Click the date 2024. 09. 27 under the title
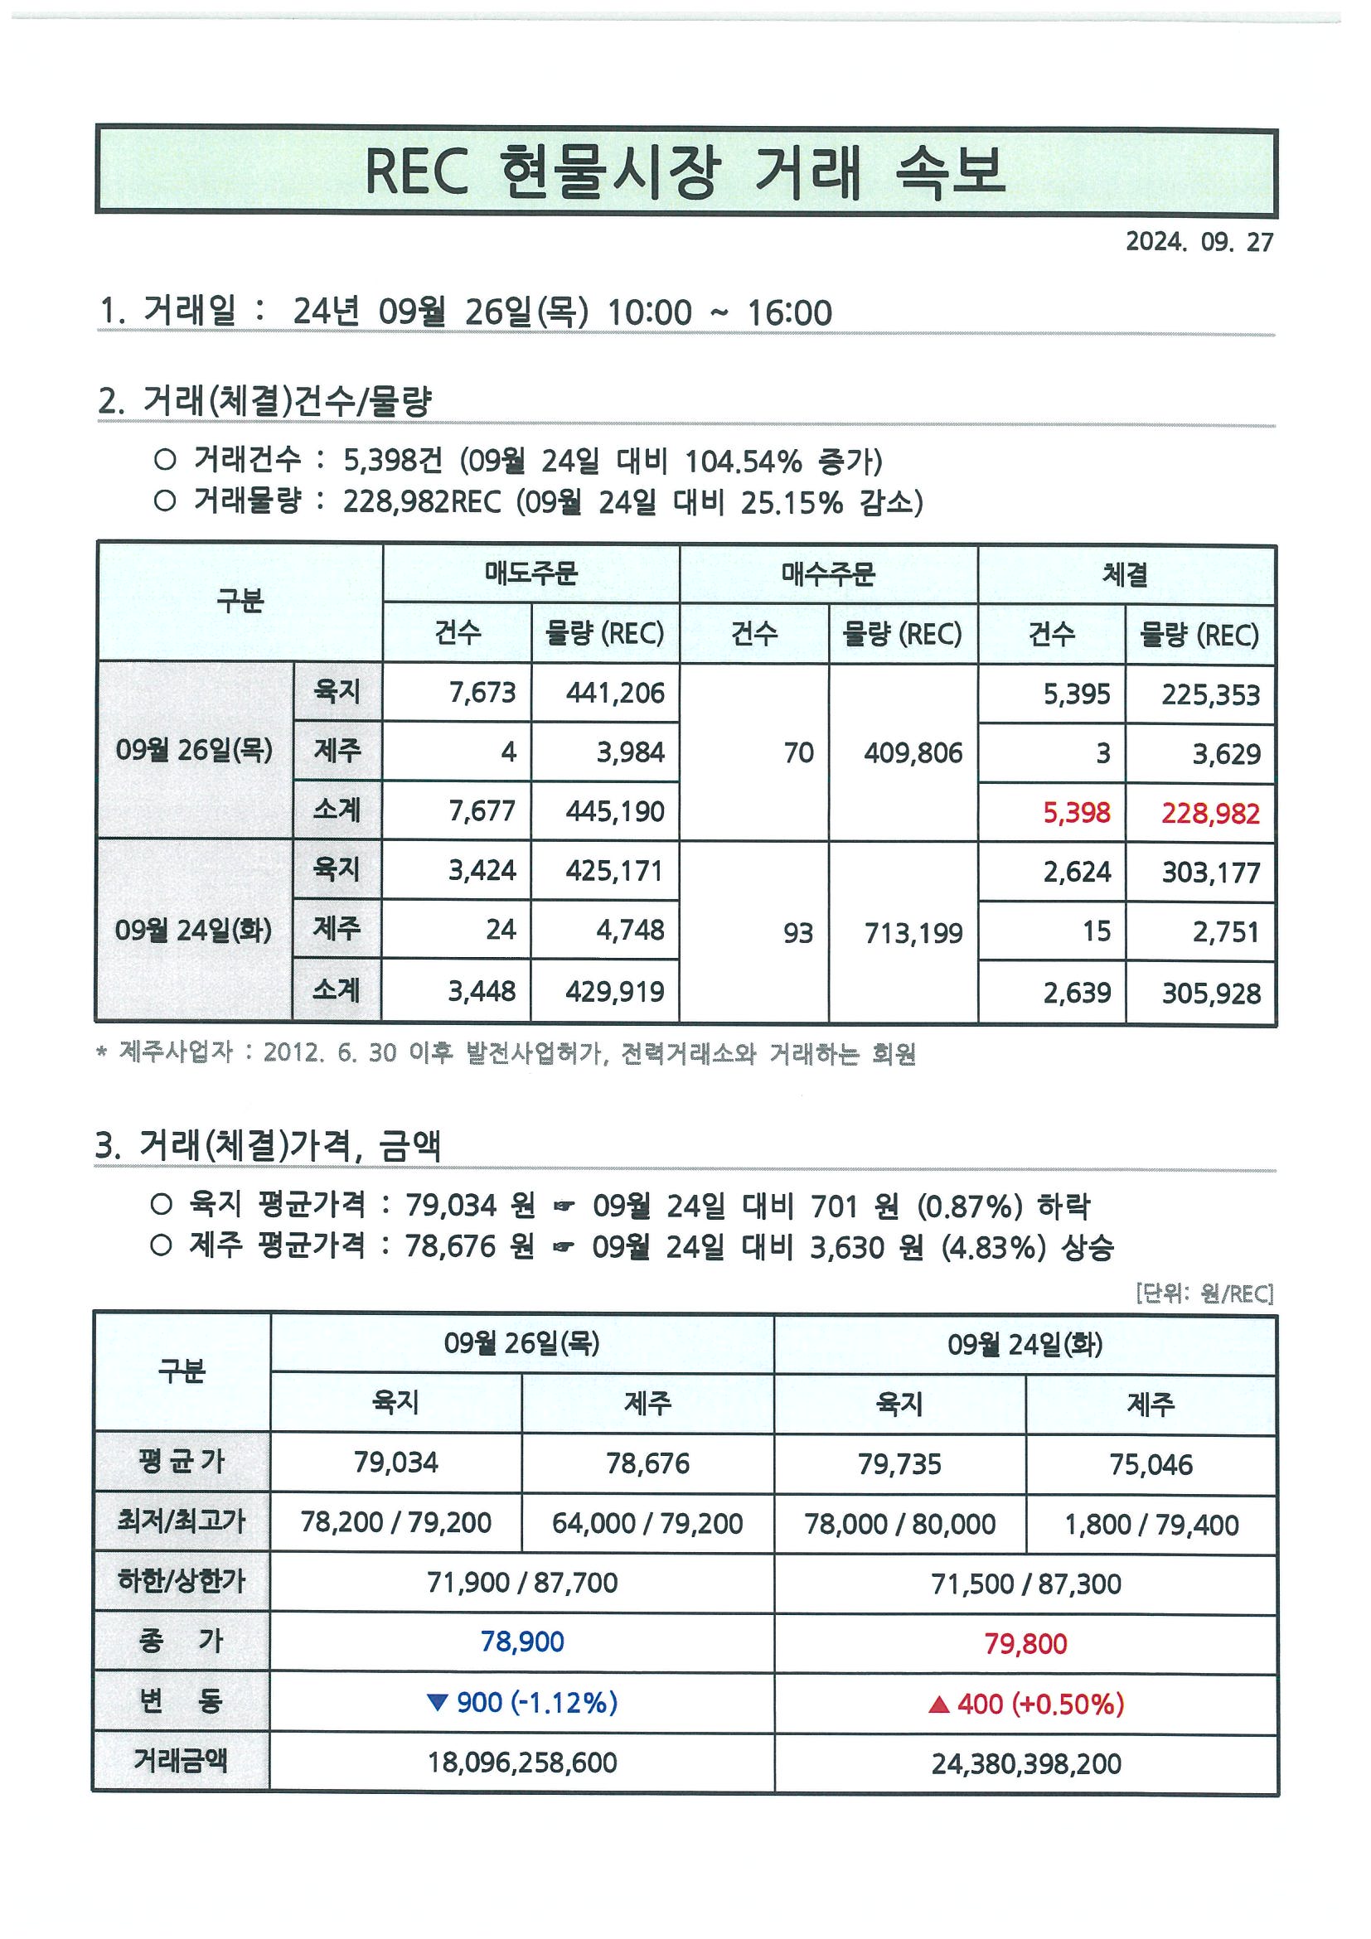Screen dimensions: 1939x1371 (x=1198, y=242)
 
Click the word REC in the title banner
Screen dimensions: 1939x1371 (x=415, y=172)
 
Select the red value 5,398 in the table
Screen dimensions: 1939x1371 (x=1076, y=812)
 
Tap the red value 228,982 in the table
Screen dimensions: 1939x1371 (x=1209, y=813)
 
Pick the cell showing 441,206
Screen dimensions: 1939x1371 (x=614, y=694)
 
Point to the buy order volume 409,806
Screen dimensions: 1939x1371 (x=913, y=752)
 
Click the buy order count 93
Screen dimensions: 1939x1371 (x=797, y=932)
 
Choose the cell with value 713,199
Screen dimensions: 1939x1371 (x=913, y=933)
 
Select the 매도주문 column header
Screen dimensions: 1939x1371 (x=530, y=574)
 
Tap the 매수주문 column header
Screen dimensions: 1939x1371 (x=828, y=574)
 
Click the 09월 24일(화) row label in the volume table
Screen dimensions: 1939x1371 (x=193, y=931)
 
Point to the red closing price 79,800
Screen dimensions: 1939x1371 (x=1025, y=1642)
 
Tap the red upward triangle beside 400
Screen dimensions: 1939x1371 (x=938, y=1704)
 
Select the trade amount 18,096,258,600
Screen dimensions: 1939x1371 (x=522, y=1763)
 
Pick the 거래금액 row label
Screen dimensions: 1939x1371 (x=181, y=1761)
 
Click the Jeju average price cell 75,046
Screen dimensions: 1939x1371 (x=1151, y=1464)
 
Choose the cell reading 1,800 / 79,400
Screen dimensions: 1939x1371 (x=1151, y=1525)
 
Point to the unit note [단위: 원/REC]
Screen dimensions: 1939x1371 (x=1204, y=1293)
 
